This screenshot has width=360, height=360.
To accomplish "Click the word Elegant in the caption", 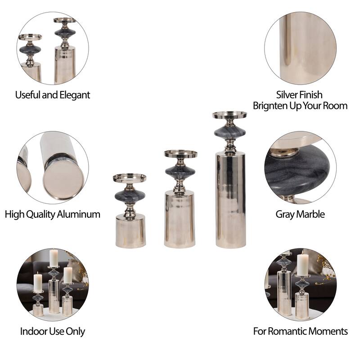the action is (74, 95).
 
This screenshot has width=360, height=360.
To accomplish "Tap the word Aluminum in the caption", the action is (78, 214).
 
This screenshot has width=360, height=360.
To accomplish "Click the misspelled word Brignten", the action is (270, 106).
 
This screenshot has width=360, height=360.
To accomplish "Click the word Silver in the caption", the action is (286, 94).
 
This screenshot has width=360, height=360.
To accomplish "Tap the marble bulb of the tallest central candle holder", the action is (230, 132).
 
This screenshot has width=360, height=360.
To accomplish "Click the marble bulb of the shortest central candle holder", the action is (130, 196).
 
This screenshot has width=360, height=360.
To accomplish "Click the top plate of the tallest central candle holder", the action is (229, 115).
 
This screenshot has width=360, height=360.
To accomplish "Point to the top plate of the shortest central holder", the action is (130, 178).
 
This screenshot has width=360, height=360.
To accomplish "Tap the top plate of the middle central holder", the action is (181, 154).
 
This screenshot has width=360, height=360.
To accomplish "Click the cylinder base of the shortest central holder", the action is (130, 231).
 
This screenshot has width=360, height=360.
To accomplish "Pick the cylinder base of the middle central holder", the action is (180, 219).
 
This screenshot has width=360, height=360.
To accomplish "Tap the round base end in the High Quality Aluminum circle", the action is (63, 179).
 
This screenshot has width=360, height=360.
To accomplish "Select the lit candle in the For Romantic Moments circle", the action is (303, 264).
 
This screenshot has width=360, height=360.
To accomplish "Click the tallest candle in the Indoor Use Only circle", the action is (54, 258).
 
